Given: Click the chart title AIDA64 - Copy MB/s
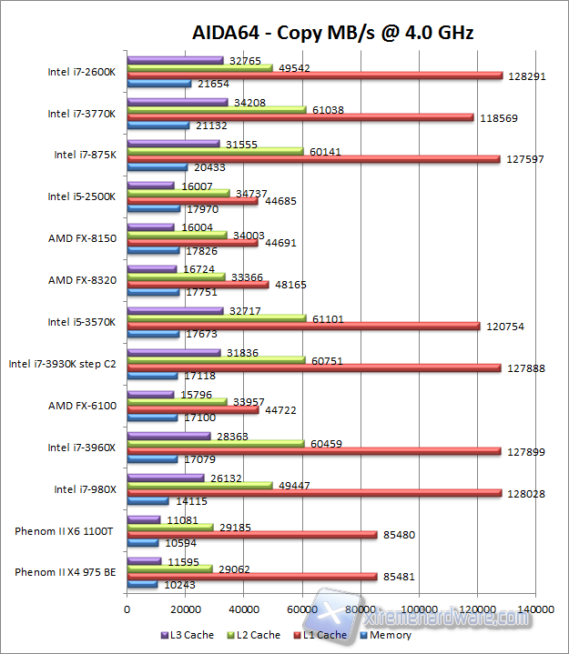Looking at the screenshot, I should click(332, 34).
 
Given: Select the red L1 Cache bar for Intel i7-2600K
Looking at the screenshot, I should click(314, 76).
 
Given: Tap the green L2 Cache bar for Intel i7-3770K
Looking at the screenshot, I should click(217, 109).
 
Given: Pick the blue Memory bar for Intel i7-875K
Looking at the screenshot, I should click(157, 167).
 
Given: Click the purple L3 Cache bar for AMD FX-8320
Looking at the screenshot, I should click(152, 269).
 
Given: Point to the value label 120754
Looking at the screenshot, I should click(528, 326).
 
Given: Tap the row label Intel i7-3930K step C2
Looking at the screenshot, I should click(62, 364).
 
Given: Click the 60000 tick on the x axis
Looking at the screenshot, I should click(302, 608).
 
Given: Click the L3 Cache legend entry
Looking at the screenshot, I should click(188, 635).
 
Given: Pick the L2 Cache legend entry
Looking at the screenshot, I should click(254, 635).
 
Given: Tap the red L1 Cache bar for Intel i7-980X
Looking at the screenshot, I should click(314, 493).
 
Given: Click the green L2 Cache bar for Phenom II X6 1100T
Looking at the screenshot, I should click(169, 527).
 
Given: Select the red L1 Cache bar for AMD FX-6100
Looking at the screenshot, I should click(193, 409).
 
